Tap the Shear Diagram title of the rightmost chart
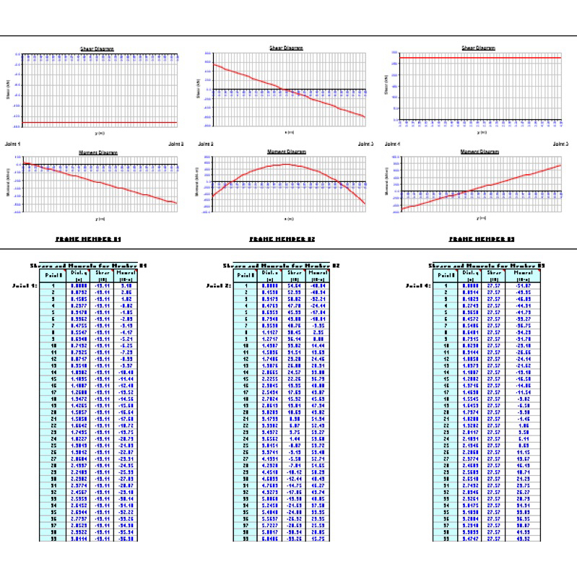tap(478, 48)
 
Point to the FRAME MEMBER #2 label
tap(282, 238)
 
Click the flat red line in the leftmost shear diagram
tap(101, 122)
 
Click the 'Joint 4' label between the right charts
tap(394, 144)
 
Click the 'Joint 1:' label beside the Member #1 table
tap(25, 285)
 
